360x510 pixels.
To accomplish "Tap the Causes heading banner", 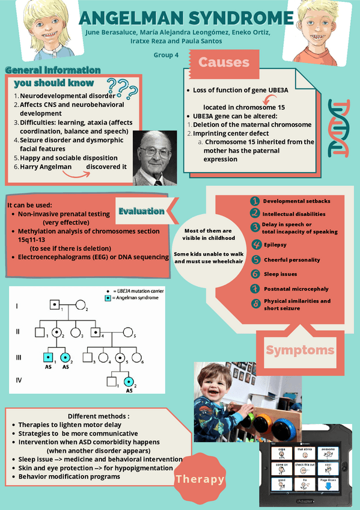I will pyautogui.click(x=224, y=62).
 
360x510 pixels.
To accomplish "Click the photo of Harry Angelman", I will pyautogui.click(x=154, y=158).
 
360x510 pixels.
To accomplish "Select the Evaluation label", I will pyautogui.click(x=141, y=211).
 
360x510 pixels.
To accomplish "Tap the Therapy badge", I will pyautogui.click(x=200, y=479).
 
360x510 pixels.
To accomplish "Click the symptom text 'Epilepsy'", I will pyautogui.click(x=275, y=245).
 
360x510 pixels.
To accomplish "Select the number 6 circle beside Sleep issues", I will pyautogui.click(x=255, y=274).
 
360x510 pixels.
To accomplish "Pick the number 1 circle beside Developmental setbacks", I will pyautogui.click(x=255, y=201).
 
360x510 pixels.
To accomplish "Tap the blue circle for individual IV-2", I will pyautogui.click(x=129, y=381).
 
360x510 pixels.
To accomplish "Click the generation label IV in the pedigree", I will pyautogui.click(x=19, y=380).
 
